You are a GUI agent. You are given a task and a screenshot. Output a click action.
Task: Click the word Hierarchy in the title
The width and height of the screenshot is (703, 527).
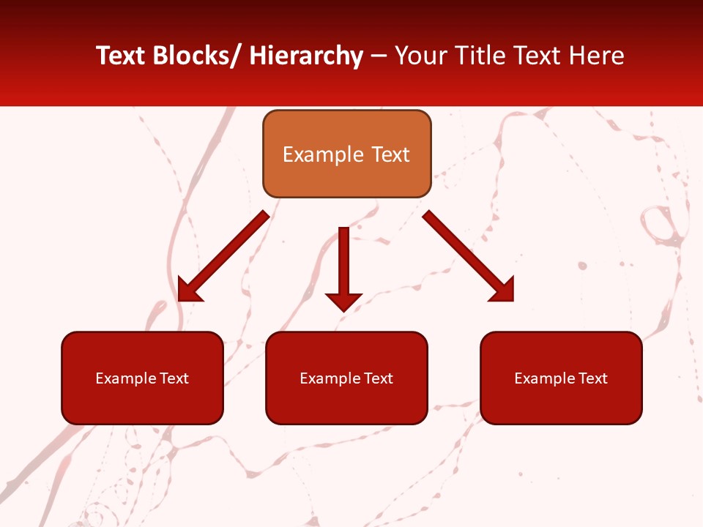pyautogui.click(x=306, y=56)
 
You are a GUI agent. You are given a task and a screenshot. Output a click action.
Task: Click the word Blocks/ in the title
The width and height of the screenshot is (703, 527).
pyautogui.click(x=200, y=56)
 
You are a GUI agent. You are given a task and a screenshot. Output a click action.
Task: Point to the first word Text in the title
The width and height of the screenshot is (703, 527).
pyautogui.click(x=122, y=56)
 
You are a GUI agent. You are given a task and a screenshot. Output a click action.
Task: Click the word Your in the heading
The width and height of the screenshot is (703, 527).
pyautogui.click(x=421, y=56)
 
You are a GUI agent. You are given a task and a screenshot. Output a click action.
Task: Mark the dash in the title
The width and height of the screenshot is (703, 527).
pyautogui.click(x=379, y=56)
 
